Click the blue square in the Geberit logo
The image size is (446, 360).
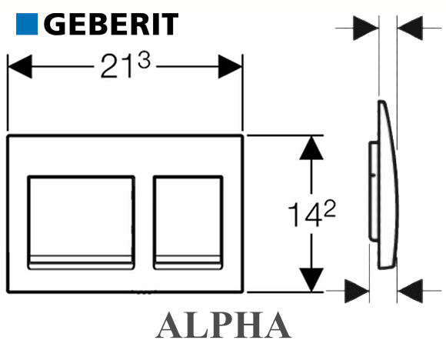point(27,24)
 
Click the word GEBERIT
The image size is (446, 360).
point(111,24)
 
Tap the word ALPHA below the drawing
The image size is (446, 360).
point(223,325)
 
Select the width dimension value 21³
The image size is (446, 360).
point(125,65)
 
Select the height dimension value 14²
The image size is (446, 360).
point(311,213)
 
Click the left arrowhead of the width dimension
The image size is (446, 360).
point(20,67)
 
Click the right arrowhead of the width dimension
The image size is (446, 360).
point(230,67)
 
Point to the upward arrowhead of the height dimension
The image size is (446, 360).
point(311,148)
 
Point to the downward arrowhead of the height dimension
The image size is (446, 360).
point(311,280)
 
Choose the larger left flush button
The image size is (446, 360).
point(81,222)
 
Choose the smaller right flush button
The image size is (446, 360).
point(188,222)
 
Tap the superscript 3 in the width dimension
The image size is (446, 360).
point(144,61)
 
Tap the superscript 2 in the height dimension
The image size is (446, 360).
point(330,208)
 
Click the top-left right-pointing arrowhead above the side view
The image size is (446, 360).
point(366,28)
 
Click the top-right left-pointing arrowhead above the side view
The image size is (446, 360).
point(410,28)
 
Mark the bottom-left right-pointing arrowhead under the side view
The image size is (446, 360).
point(357,291)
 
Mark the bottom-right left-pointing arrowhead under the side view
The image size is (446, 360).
point(410,291)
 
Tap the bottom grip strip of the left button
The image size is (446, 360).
point(81,262)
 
